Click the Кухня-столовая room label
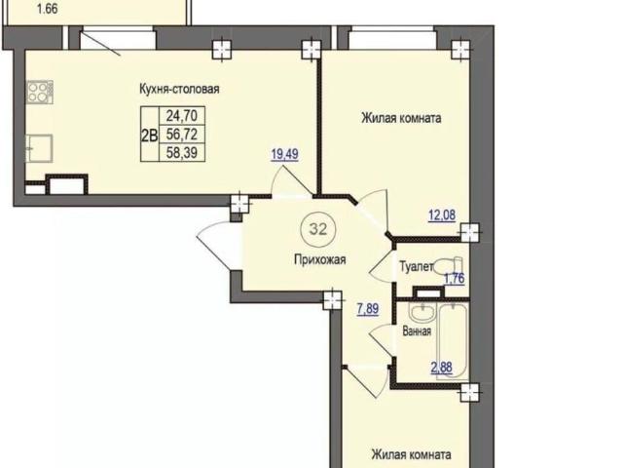point(179,89)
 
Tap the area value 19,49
point(284,154)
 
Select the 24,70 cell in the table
point(182,116)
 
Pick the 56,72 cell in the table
point(182,135)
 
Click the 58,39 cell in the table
point(182,152)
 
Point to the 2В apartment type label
point(149,136)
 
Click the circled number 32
point(318,229)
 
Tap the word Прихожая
point(320,260)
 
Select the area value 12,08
point(442,215)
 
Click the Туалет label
point(416,266)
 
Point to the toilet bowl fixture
point(449,266)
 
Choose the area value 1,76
point(454,279)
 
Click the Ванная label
point(417,331)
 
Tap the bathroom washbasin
point(422,313)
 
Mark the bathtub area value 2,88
point(442,368)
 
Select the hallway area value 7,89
point(368,309)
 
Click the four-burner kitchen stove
point(39,92)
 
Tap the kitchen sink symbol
point(39,148)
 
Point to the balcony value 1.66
point(48,9)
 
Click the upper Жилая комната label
point(401,118)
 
